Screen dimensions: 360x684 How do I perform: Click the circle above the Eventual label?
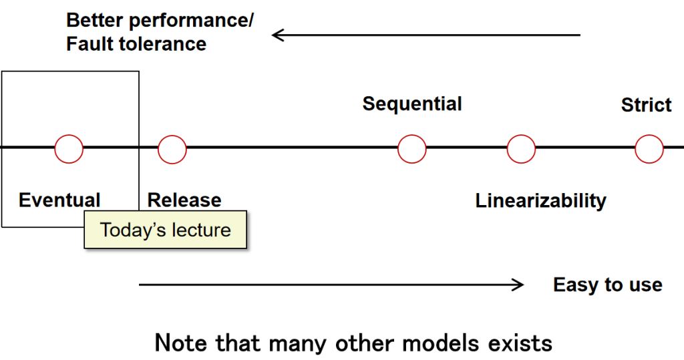point(69,149)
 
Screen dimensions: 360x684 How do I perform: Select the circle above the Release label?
point(172,149)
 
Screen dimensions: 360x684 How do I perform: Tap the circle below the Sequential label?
point(412,148)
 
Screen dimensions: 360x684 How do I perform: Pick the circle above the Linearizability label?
point(521,148)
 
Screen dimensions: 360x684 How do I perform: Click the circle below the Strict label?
point(649,148)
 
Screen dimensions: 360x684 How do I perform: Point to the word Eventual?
point(59,200)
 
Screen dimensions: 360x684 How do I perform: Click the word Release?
point(184,200)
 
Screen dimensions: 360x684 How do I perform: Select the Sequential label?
point(412,104)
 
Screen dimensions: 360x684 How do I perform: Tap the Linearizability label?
point(541,200)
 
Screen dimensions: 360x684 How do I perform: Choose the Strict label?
point(646,106)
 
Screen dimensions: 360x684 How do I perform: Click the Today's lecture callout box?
point(165,230)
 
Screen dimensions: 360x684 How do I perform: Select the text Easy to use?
point(608,285)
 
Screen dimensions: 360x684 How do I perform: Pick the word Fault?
point(88,44)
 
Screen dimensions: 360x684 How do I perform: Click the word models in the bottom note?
point(443,343)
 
